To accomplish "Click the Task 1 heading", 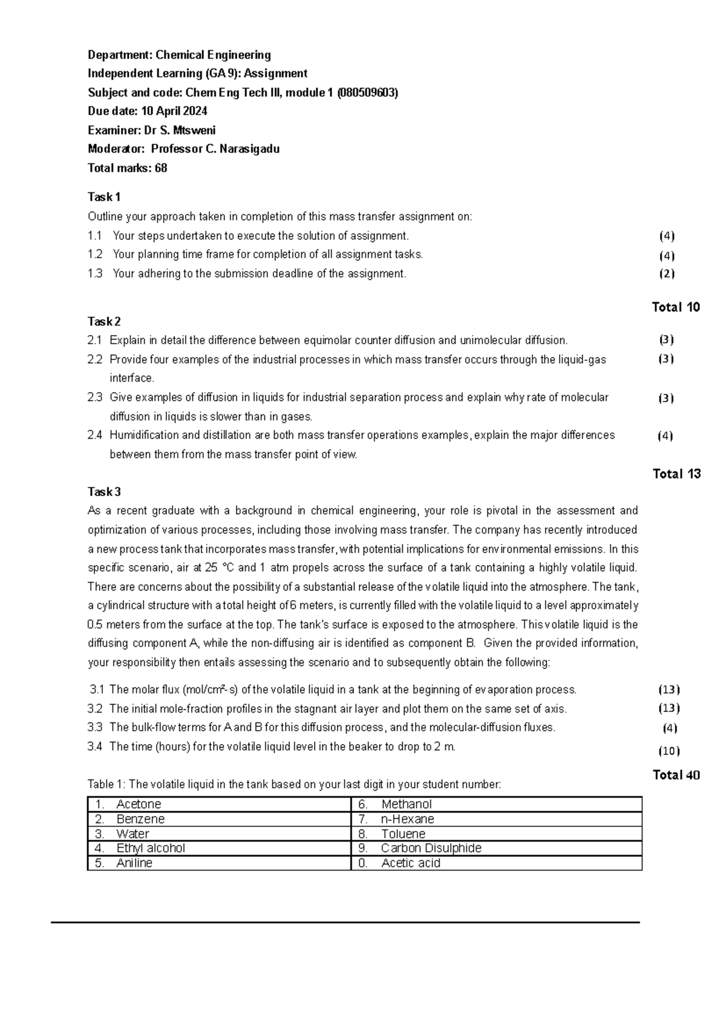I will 104,197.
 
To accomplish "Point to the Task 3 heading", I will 104,492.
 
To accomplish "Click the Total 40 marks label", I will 676,775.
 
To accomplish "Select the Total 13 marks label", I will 676,474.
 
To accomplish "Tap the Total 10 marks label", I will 676,307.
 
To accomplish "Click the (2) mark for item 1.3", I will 667,273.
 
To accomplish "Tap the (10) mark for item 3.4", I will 669,751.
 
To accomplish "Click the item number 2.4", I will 95,435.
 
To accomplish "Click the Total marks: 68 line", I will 127,168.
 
